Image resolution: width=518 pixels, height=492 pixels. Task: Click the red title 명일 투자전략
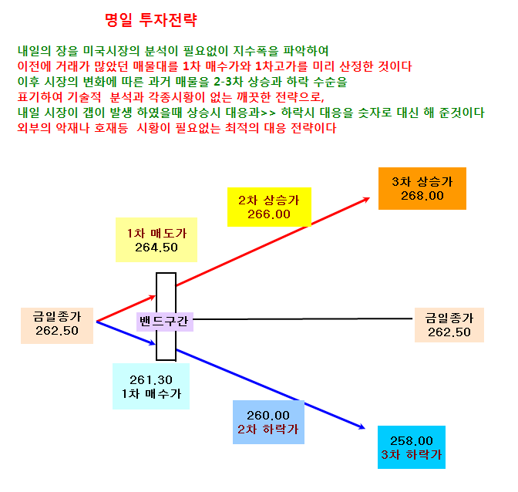coord(151,20)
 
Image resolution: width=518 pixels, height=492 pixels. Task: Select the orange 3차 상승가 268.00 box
coord(422,188)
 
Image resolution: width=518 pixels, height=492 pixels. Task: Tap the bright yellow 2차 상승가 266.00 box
coord(269,207)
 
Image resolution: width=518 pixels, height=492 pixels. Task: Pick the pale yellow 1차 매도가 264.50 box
coord(156,240)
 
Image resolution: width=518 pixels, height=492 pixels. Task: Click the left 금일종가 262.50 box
coord(57,325)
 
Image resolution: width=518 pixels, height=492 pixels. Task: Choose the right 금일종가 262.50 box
coord(449,325)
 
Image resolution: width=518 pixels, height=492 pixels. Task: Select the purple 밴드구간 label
coord(164,322)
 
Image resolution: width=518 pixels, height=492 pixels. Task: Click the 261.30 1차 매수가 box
coord(151,386)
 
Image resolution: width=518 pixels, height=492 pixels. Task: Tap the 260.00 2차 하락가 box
coord(268,423)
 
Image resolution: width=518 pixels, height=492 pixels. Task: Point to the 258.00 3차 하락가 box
coord(412,447)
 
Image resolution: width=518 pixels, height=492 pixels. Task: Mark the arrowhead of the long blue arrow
coord(363,427)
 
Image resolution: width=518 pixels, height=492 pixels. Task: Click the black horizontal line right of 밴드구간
coord(303,318)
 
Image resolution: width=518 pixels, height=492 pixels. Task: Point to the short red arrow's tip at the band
coord(155,297)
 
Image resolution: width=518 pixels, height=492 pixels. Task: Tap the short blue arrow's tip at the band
coord(154,344)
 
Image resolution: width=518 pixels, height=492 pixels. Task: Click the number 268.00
coord(422,196)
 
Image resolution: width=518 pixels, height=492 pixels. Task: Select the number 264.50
coord(156,248)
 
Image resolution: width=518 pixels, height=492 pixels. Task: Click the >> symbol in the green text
coord(268,113)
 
